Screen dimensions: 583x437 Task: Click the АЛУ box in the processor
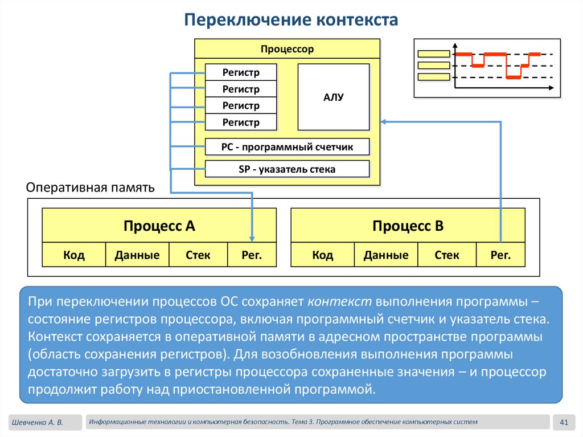(x=334, y=97)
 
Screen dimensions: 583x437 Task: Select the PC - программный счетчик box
(x=287, y=146)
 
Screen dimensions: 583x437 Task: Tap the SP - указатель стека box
(x=287, y=169)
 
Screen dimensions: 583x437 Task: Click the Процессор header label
(x=287, y=49)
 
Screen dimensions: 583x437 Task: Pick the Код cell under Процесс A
(x=74, y=255)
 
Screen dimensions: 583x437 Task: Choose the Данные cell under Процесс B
(x=386, y=255)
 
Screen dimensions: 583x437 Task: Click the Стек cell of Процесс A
(x=198, y=255)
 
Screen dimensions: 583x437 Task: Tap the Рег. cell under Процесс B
(x=500, y=255)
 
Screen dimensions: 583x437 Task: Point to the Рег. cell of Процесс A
(x=252, y=255)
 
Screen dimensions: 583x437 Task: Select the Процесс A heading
(x=159, y=226)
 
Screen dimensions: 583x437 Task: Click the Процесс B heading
(x=408, y=226)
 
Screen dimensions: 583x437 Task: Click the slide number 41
(x=564, y=422)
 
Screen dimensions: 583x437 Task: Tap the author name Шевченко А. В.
(x=38, y=423)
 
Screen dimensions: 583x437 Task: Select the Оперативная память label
(x=91, y=187)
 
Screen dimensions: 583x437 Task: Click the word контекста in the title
(x=358, y=20)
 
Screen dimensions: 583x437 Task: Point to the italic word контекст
(x=339, y=301)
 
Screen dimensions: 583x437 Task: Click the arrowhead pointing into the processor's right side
(x=384, y=122)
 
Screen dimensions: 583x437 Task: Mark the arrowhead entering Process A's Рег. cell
(x=252, y=239)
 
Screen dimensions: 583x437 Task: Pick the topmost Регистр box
(x=241, y=72)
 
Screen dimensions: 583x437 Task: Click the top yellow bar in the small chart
(x=434, y=54)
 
